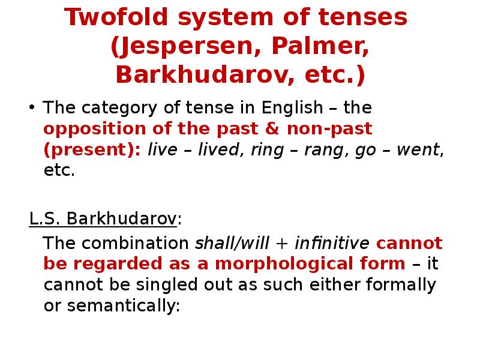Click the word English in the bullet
292,109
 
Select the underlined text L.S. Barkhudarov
103,219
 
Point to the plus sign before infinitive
281,244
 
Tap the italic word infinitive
332,244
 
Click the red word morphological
309,264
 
